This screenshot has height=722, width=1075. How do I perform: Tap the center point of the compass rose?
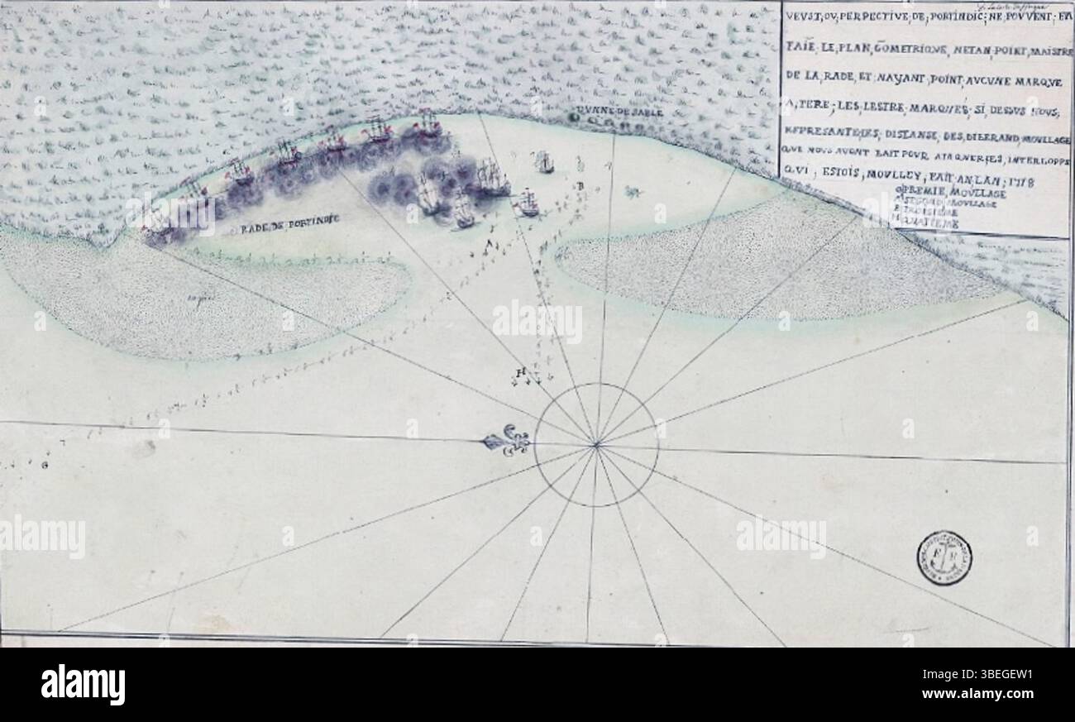pos(595,446)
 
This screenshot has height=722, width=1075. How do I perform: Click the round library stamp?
pos(943,558)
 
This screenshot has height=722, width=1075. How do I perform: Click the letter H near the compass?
pos(519,372)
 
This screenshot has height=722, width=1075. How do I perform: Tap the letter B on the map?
pos(581,186)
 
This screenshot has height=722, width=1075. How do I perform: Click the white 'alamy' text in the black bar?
pos(83,685)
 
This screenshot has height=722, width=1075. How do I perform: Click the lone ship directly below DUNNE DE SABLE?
pos(543,161)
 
